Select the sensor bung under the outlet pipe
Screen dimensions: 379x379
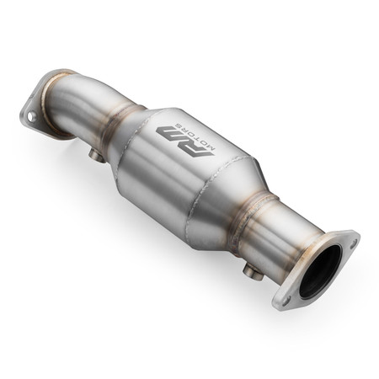[x=250, y=271]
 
